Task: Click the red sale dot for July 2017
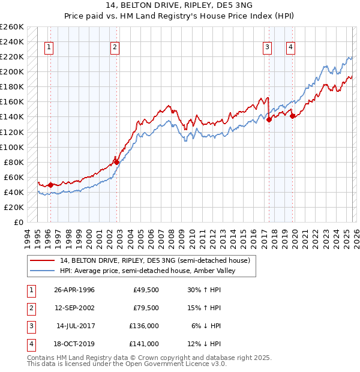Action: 269,119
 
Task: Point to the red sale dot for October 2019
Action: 293,116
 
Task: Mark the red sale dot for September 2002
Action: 116,162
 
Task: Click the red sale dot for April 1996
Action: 51,185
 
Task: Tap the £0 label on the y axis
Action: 18,222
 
